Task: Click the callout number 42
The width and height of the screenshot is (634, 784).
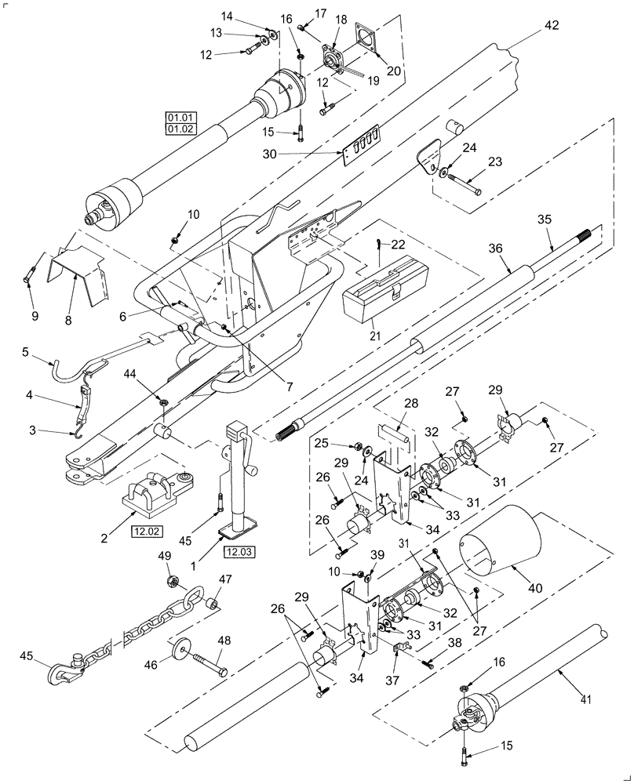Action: coord(552,25)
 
